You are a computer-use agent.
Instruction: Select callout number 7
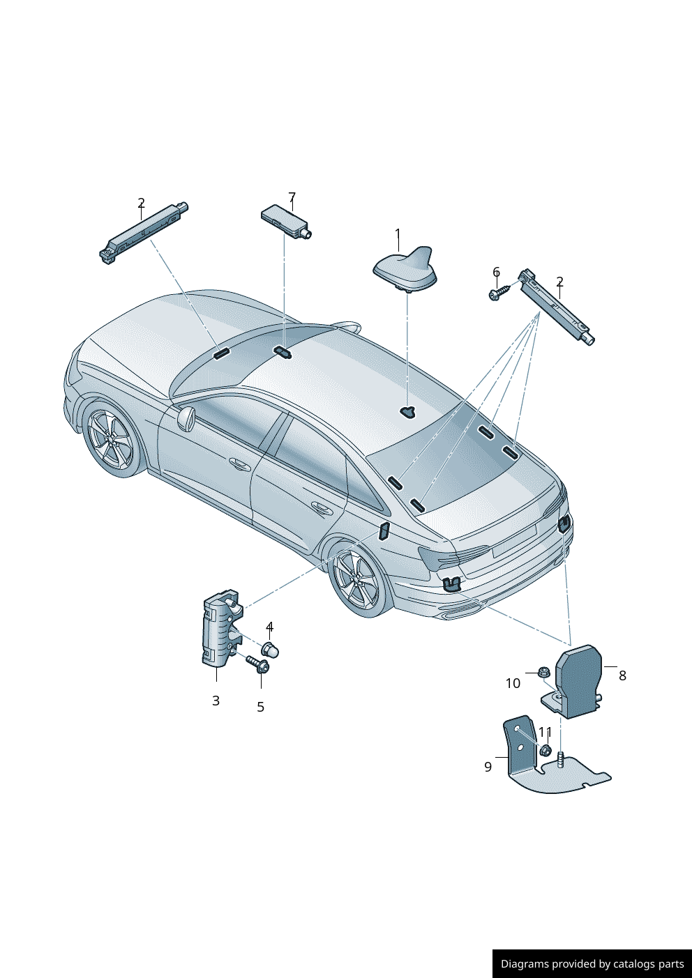pyautogui.click(x=292, y=197)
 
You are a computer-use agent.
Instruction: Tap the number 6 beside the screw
pyautogui.click(x=496, y=272)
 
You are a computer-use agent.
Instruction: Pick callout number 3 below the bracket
pyautogui.click(x=216, y=701)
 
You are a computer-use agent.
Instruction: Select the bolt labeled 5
pyautogui.click(x=258, y=664)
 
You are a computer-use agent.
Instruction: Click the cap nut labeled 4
pyautogui.click(x=271, y=651)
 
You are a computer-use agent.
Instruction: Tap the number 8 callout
pyautogui.click(x=622, y=675)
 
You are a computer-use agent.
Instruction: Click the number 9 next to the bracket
pyautogui.click(x=488, y=767)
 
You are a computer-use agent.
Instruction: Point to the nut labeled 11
pyautogui.click(x=546, y=751)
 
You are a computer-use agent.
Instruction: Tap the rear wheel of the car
pyautogui.click(x=357, y=579)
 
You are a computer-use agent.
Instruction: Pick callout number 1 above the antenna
pyautogui.click(x=398, y=234)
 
